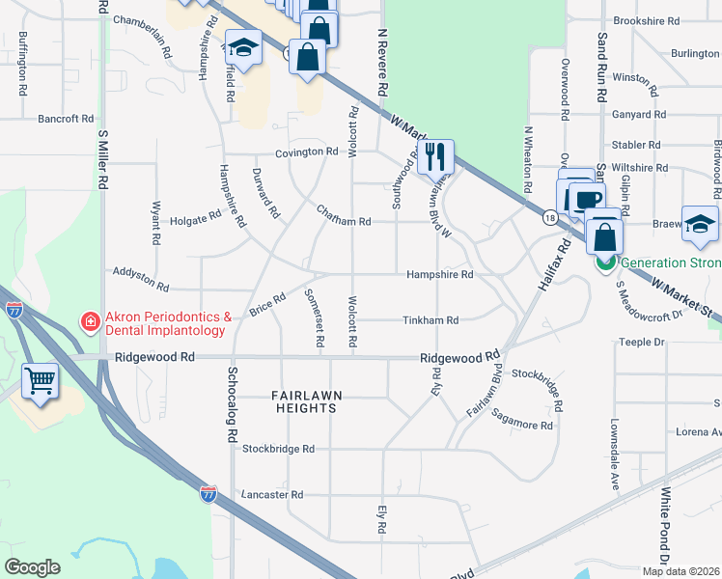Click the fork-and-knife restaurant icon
click(x=436, y=154)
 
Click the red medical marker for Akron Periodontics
click(x=89, y=320)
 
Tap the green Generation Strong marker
click(x=605, y=262)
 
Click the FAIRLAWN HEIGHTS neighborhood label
click(x=304, y=401)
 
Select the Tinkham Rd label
click(x=430, y=320)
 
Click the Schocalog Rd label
click(x=233, y=404)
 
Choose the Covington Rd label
click(x=306, y=152)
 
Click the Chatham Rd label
click(x=345, y=222)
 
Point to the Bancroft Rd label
click(x=66, y=120)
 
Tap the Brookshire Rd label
click(x=647, y=20)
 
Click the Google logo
click(x=32, y=567)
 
